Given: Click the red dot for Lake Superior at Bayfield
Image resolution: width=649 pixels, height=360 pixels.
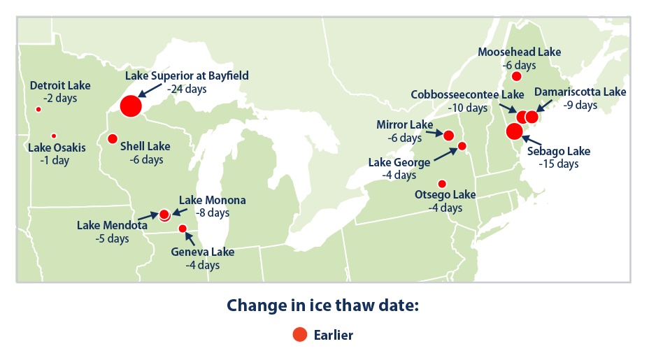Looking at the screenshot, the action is pos(131,106).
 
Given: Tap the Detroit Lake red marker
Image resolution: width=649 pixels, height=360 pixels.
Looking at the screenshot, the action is pos(38,109).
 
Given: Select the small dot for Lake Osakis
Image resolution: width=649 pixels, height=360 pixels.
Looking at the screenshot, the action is pos(54,136).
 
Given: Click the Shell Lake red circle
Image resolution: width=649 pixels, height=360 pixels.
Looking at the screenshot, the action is pos(113,138).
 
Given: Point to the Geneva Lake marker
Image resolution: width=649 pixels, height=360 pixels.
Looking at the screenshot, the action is pos(183,229).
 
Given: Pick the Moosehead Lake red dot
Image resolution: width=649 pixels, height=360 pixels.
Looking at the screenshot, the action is pos(516,76).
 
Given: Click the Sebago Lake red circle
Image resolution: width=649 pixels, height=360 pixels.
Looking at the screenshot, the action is pos(515,131).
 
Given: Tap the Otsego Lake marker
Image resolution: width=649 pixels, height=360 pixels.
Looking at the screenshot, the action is pos(442,184).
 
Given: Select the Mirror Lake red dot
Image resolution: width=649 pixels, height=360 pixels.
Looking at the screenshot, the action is pos(449,136).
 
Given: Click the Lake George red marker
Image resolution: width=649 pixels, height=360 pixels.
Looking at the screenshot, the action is pos(462,145).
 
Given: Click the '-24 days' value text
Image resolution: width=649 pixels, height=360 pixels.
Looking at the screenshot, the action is pos(187,89).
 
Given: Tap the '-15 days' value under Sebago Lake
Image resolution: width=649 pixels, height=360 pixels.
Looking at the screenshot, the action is pos(558,164).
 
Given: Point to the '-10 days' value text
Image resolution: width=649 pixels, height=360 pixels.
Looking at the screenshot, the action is pos(468,108).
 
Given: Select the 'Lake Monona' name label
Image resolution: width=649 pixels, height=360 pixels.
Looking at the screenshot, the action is pos(213,201).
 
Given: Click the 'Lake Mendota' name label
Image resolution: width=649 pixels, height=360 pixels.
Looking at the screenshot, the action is pos(112,225).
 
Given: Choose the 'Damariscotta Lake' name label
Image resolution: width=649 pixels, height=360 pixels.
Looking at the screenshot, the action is pos(580,92).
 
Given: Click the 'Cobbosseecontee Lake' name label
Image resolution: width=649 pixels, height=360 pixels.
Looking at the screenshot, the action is pos(467,95).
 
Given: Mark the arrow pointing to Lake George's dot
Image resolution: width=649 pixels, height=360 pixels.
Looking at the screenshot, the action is pos(445,154).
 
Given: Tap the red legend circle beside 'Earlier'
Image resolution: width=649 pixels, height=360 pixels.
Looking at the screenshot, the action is pos(300,334).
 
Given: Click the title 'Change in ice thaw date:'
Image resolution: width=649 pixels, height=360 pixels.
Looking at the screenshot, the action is pos(323,305).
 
